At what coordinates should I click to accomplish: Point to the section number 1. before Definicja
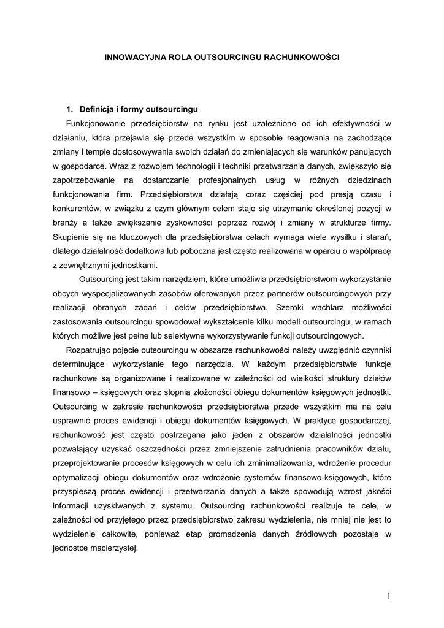click(71, 110)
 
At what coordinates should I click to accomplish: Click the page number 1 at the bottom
click(389, 595)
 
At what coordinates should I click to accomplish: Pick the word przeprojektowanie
click(91, 463)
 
